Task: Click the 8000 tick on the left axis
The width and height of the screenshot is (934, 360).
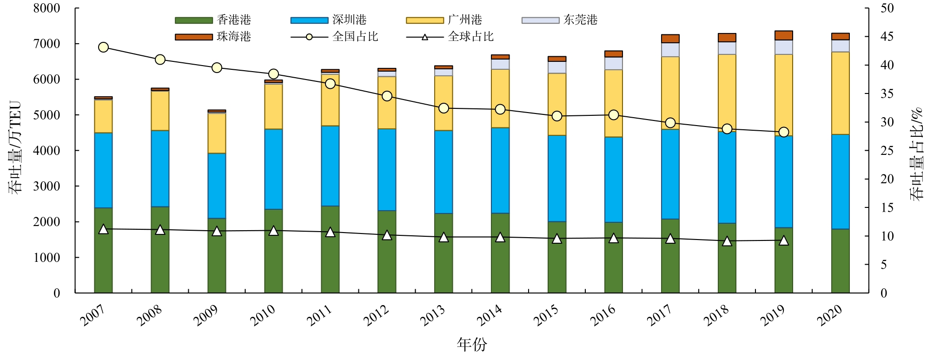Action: tap(46, 8)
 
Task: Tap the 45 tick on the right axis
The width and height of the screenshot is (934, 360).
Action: tap(887, 37)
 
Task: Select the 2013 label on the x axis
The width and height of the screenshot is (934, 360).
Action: tap(432, 315)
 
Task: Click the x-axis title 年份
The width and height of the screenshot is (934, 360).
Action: tap(471, 345)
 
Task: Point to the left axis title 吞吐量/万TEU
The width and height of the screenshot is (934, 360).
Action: tap(15, 147)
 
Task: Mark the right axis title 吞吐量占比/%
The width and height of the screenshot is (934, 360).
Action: tap(917, 154)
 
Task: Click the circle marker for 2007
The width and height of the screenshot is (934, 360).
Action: tap(104, 47)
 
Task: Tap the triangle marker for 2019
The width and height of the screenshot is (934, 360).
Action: tap(784, 240)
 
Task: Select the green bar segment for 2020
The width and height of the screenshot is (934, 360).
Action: tap(841, 261)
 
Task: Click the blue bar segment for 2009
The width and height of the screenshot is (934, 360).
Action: tap(217, 186)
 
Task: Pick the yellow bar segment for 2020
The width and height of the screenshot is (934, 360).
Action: tap(841, 93)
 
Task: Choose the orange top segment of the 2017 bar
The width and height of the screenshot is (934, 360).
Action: tap(670, 39)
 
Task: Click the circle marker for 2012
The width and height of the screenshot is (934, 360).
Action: tap(387, 96)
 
